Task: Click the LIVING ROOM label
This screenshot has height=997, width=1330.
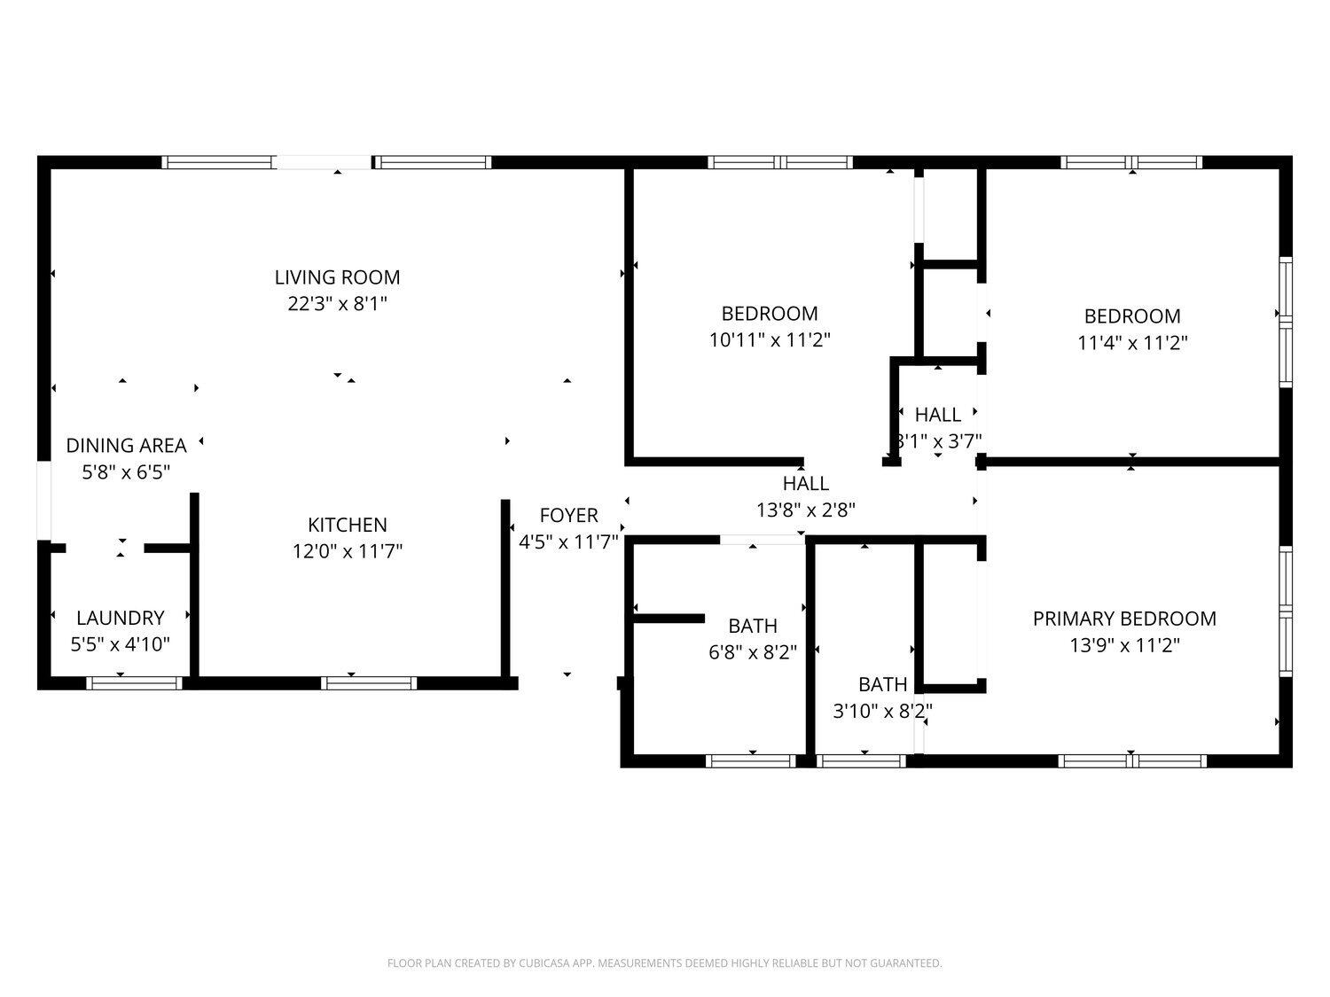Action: [x=338, y=277]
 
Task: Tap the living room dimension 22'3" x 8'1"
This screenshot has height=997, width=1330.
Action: [x=338, y=303]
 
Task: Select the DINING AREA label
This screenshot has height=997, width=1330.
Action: [x=126, y=446]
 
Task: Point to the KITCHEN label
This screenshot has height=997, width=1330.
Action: [x=348, y=525]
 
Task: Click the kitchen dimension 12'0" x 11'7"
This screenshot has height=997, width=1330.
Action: [x=348, y=551]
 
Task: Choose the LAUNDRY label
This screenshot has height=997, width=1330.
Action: [x=121, y=618]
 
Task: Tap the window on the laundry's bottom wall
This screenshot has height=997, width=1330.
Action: [x=134, y=683]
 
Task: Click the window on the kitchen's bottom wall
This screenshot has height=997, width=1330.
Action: [x=368, y=683]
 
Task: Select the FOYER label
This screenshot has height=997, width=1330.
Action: [x=568, y=516]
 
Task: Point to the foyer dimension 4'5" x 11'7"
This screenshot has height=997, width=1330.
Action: [x=568, y=541]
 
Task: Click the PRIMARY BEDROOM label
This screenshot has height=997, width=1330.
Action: [x=1124, y=619]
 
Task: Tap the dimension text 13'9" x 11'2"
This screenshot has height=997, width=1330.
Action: [x=1124, y=645]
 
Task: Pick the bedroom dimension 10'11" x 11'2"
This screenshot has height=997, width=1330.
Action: [x=770, y=340]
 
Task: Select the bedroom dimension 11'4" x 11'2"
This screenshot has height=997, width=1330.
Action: [x=1132, y=343]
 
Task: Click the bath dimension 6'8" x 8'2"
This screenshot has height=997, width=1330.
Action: [x=753, y=652]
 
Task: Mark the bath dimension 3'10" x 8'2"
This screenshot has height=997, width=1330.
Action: [x=882, y=711]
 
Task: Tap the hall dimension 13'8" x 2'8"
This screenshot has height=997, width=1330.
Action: [x=806, y=510]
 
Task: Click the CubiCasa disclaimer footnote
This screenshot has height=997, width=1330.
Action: [x=665, y=962]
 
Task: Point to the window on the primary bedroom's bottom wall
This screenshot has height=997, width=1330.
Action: [x=1132, y=761]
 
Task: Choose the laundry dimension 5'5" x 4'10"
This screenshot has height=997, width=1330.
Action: [x=120, y=644]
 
